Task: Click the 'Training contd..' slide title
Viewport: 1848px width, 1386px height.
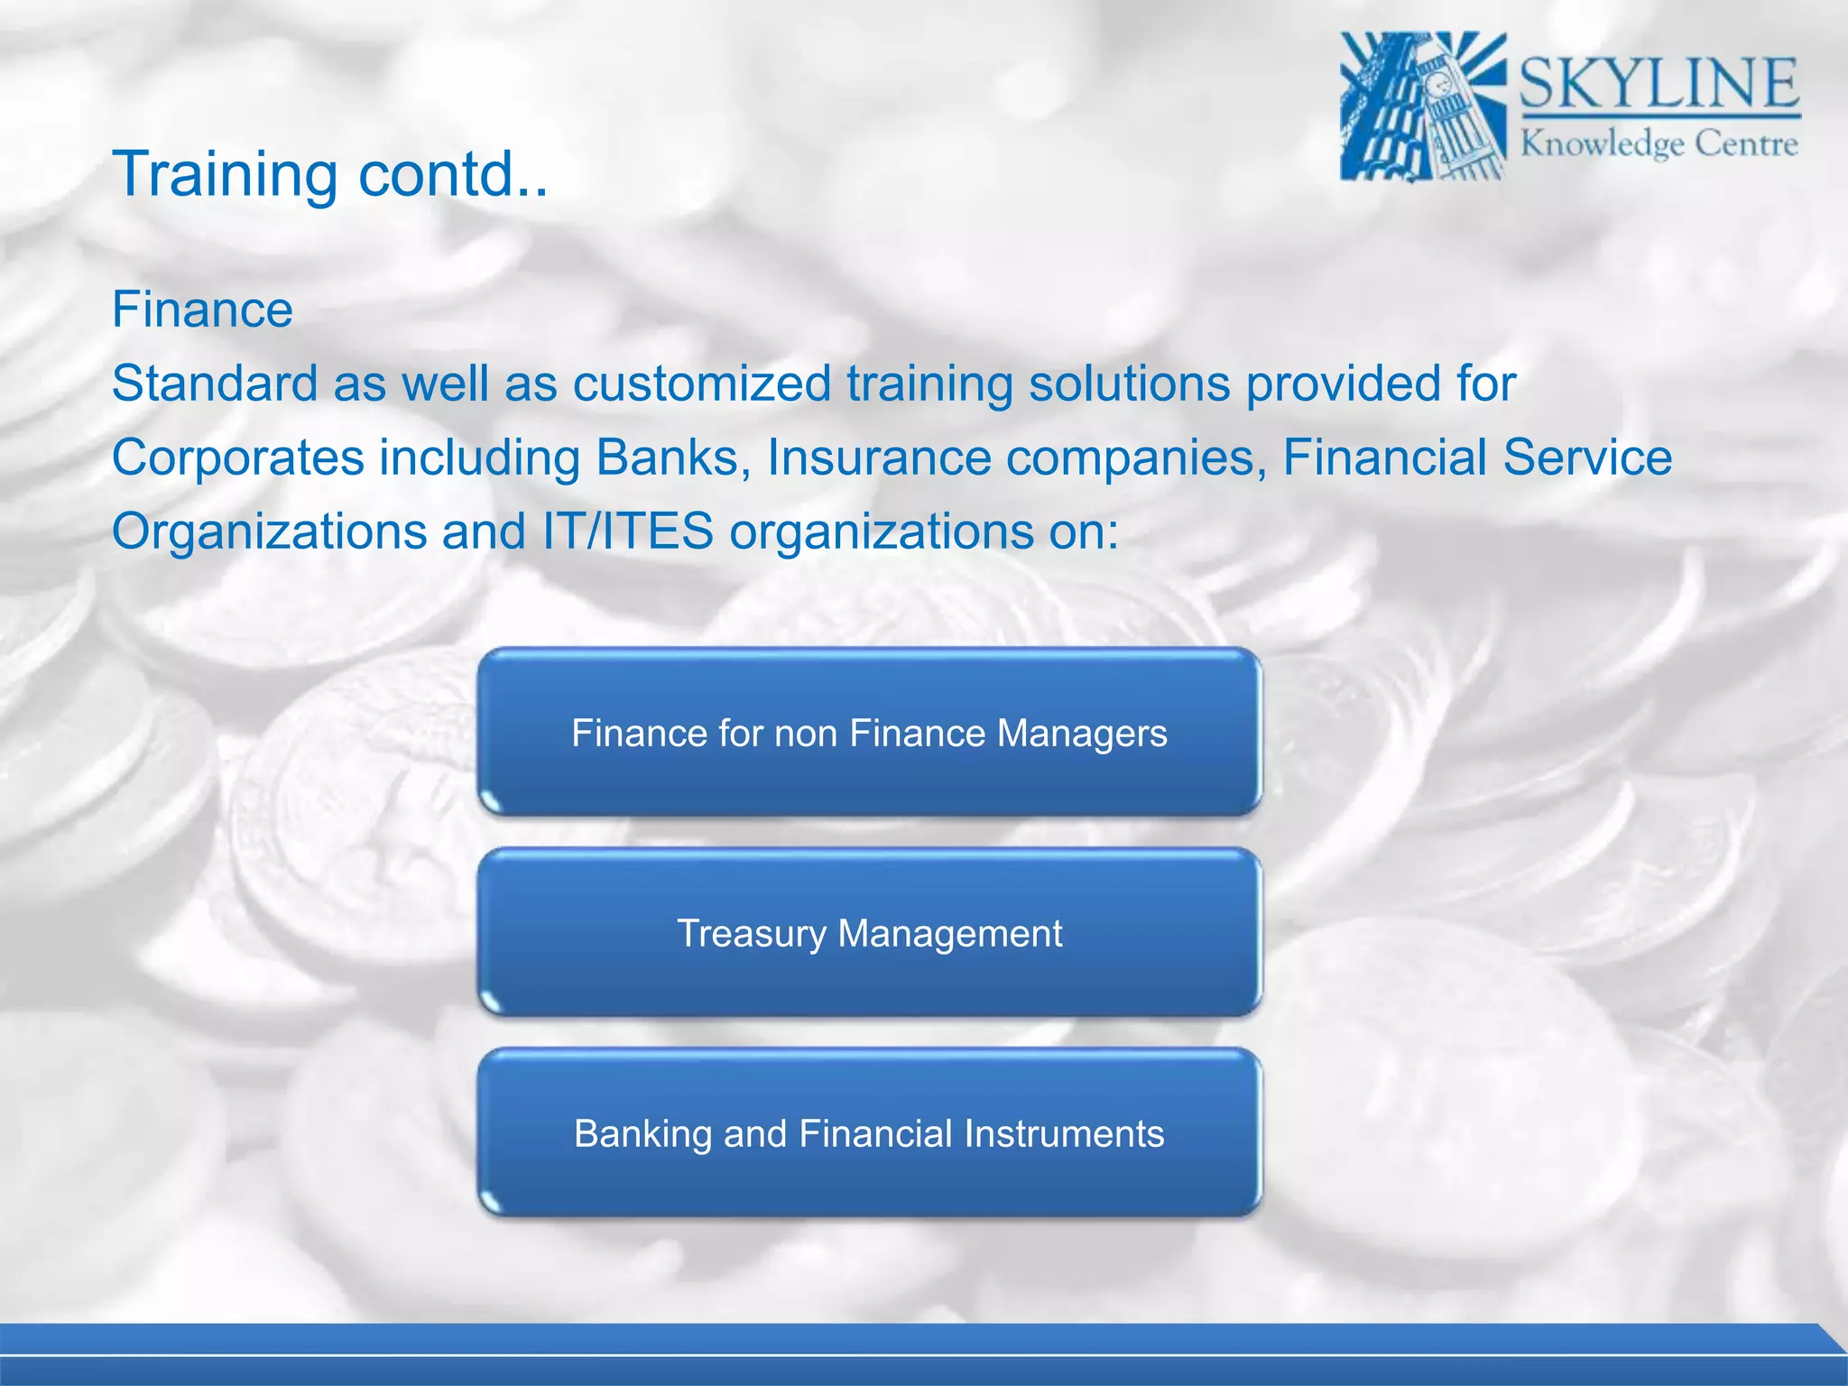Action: pyautogui.click(x=329, y=173)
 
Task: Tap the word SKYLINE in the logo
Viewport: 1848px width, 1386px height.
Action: pyautogui.click(x=1659, y=83)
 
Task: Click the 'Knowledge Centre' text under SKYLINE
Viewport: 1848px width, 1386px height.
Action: pyautogui.click(x=1659, y=144)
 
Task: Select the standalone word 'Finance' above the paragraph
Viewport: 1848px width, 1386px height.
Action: pyautogui.click(x=202, y=310)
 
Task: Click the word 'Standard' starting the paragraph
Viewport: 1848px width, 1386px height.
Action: pyautogui.click(x=214, y=383)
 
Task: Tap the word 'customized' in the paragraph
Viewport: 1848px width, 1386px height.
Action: pyautogui.click(x=701, y=383)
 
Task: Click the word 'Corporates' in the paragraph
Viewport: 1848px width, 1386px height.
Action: pyautogui.click(x=237, y=457)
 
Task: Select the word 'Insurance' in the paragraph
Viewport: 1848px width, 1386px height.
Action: pyautogui.click(x=879, y=457)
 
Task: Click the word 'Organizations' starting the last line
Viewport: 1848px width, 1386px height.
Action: pyautogui.click(x=268, y=531)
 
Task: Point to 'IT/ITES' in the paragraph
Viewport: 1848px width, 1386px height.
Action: pyautogui.click(x=627, y=531)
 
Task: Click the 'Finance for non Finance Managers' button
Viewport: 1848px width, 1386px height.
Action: pyautogui.click(x=869, y=733)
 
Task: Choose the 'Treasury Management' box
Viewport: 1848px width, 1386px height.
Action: pyautogui.click(x=869, y=933)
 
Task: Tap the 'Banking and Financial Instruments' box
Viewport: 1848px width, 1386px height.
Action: pyautogui.click(x=869, y=1133)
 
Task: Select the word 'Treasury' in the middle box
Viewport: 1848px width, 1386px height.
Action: pyautogui.click(x=751, y=934)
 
